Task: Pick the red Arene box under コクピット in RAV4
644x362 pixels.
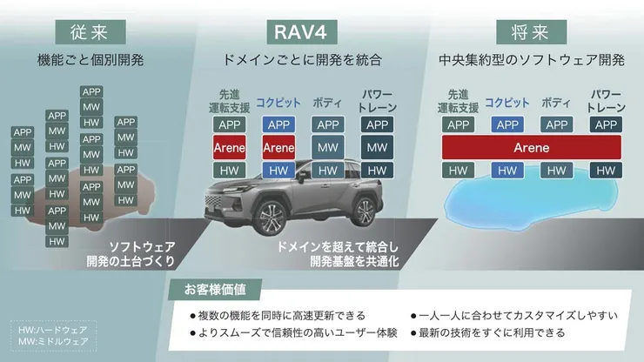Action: point(278,147)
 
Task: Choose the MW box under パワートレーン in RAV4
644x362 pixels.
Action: point(377,147)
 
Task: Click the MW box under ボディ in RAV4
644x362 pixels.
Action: point(327,147)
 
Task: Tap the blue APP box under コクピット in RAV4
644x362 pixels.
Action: point(278,124)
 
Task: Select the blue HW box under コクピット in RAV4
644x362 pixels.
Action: point(278,170)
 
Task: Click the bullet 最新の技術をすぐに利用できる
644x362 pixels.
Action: point(492,332)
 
